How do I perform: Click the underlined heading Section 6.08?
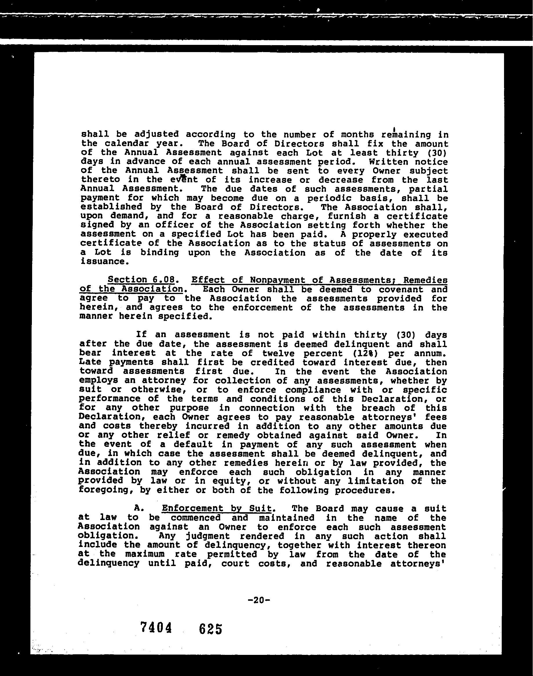point(141,280)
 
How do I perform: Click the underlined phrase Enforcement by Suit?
point(217,508)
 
